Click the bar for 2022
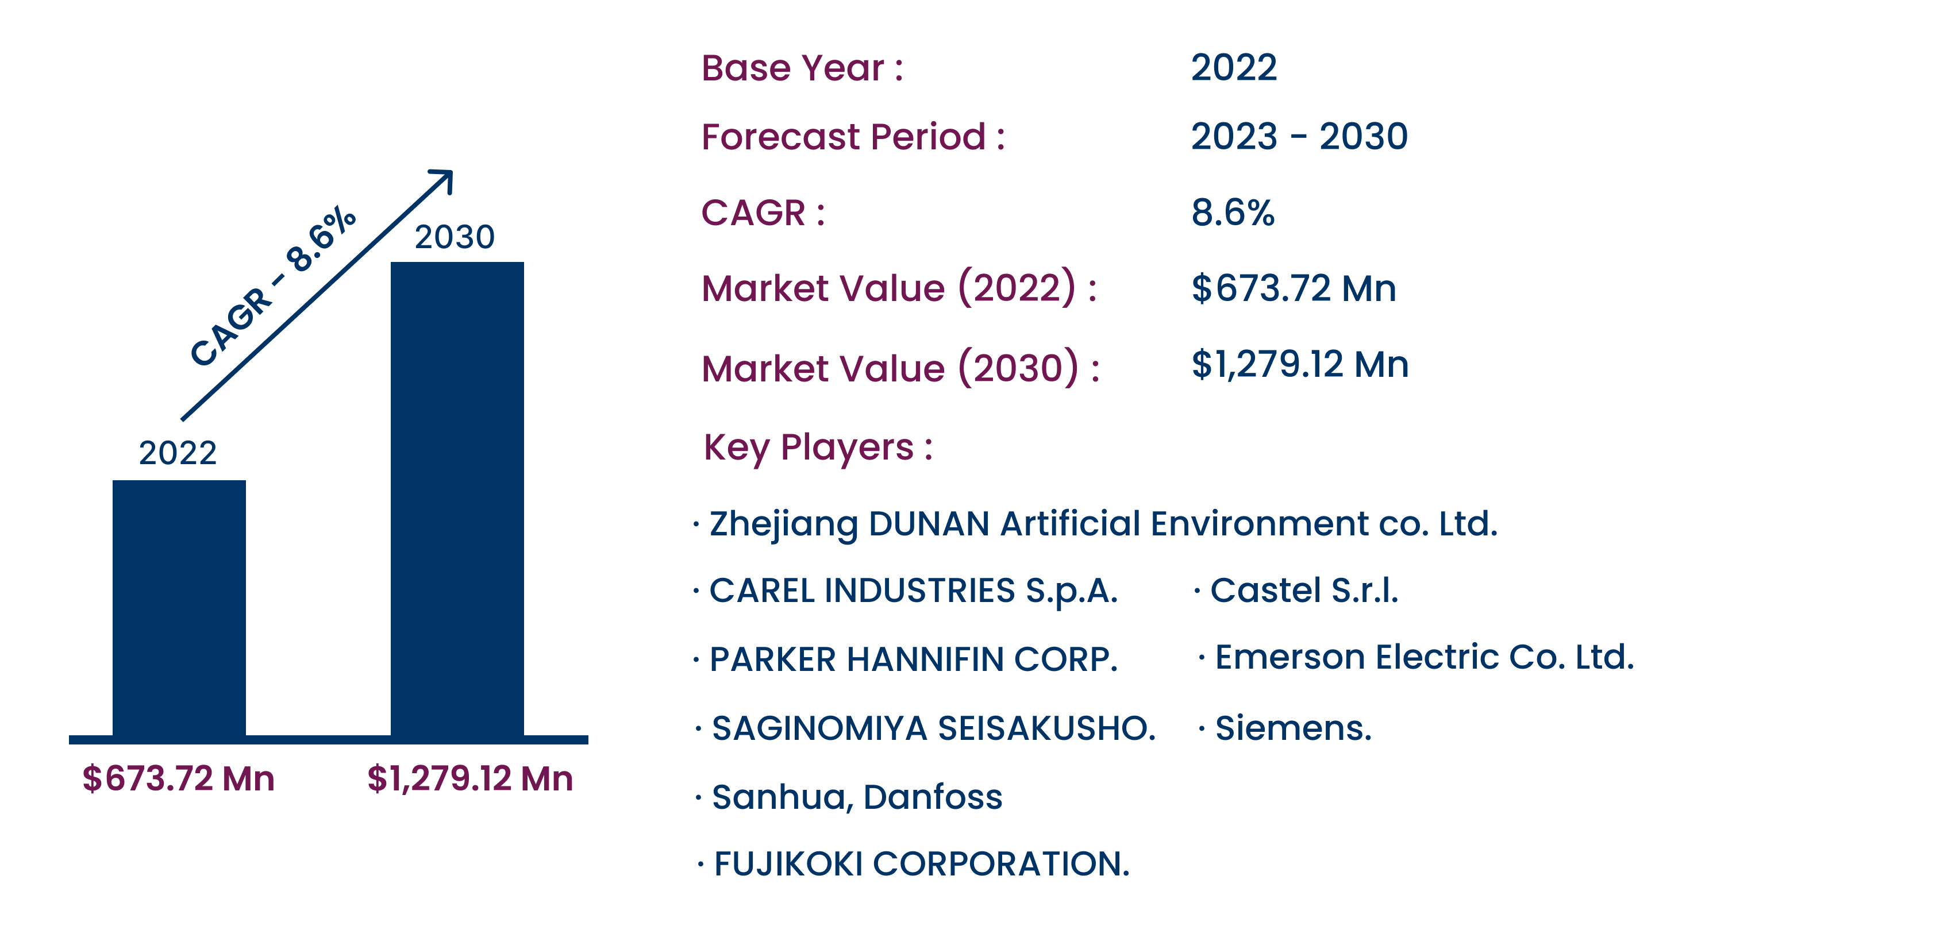click(x=179, y=608)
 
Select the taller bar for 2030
click(x=457, y=499)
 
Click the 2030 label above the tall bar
click(x=455, y=237)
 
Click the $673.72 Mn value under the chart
click(x=179, y=778)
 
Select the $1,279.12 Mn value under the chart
click(x=470, y=778)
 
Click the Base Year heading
click(x=802, y=68)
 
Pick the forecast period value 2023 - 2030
click(x=1299, y=136)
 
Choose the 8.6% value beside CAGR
click(x=1233, y=213)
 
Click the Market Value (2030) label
click(x=900, y=368)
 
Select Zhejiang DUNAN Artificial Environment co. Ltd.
click(x=1103, y=524)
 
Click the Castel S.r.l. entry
click(x=1304, y=590)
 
